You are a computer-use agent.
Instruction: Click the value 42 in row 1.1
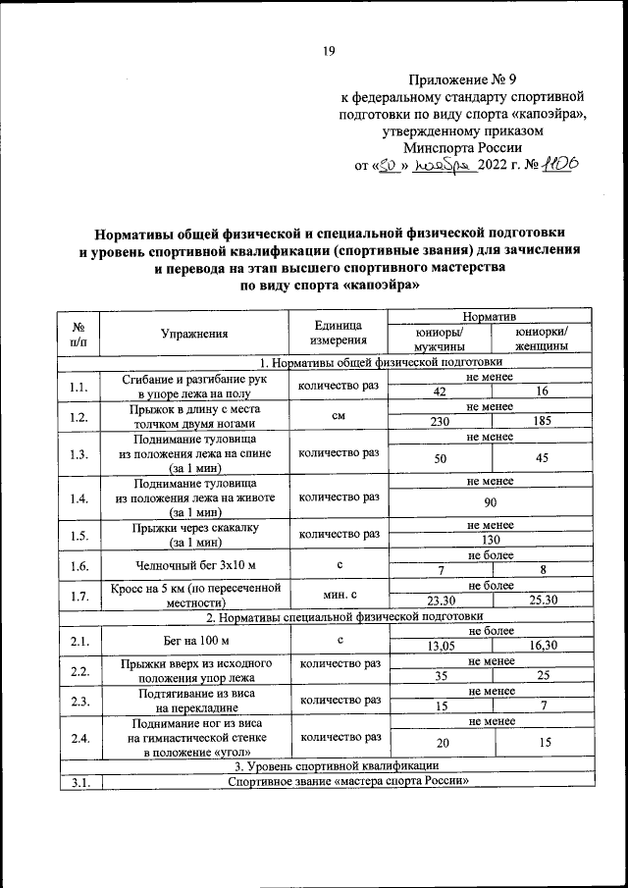(439, 392)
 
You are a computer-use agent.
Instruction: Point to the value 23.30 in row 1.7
(439, 600)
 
